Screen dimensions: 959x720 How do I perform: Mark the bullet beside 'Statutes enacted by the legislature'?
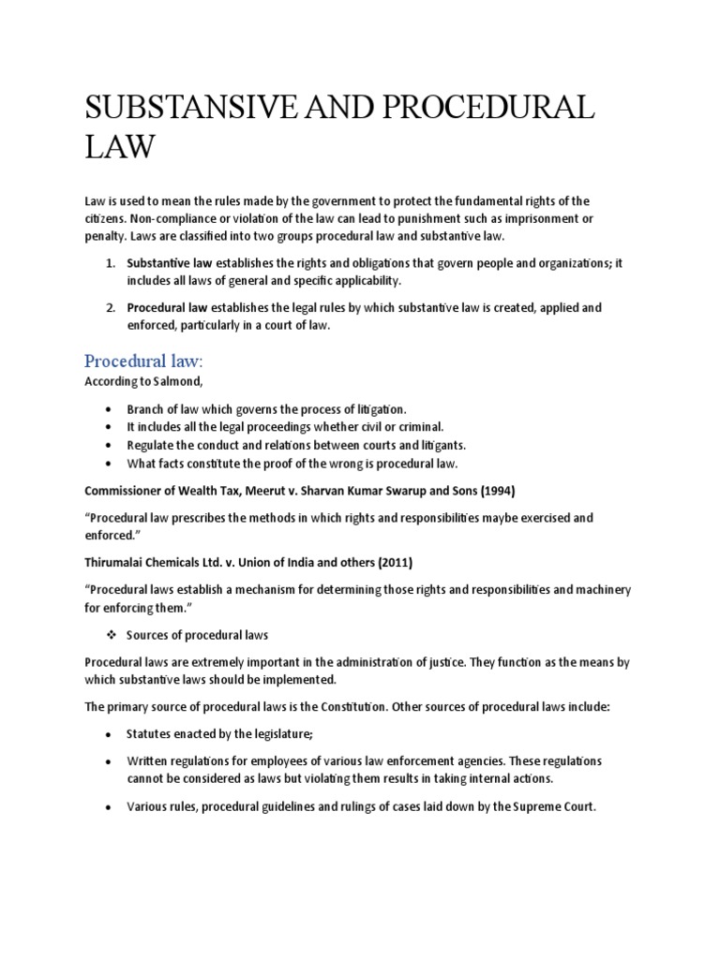[110, 736]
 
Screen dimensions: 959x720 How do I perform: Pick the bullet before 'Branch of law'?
[110, 410]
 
